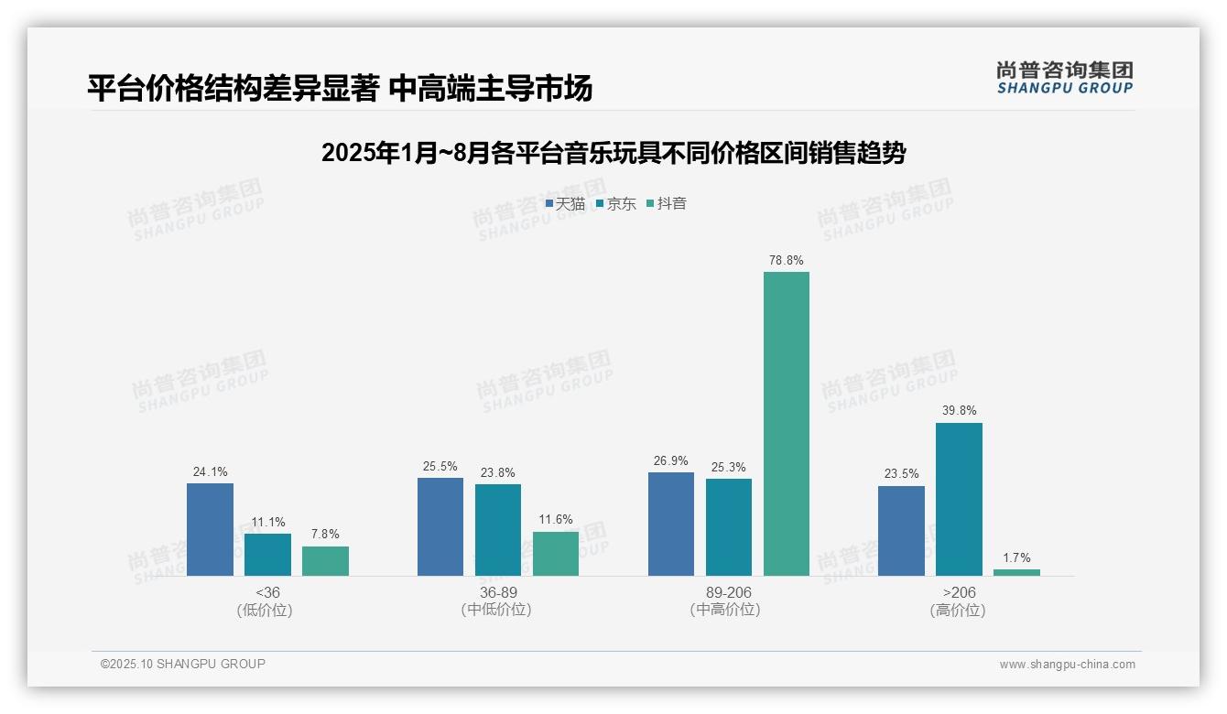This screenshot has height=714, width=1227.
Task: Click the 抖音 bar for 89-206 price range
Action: [x=786, y=423]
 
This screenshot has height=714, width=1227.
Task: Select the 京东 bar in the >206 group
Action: [x=959, y=499]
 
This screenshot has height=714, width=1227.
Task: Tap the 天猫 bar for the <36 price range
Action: [x=210, y=529]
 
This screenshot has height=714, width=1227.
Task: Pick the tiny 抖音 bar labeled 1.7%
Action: [x=1016, y=572]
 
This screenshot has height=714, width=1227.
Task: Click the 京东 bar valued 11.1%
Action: [x=267, y=554]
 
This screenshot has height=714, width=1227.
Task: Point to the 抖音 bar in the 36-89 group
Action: [x=556, y=553]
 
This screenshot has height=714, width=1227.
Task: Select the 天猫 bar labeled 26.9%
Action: [x=671, y=524]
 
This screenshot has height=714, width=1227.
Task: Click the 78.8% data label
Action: [x=786, y=261]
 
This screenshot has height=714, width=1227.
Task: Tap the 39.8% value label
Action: [x=959, y=411]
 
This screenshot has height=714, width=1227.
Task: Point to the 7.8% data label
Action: [x=325, y=535]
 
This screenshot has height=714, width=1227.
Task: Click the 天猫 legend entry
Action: [x=565, y=204]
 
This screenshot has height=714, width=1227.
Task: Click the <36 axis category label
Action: [x=267, y=592]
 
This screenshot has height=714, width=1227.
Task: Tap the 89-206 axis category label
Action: [x=728, y=592]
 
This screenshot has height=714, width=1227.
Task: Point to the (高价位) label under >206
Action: [x=958, y=611]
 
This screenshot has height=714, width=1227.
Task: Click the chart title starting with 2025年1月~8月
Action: [x=613, y=153]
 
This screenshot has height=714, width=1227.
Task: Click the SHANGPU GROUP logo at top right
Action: [x=1064, y=78]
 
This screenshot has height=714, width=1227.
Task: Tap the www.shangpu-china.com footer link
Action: [x=1067, y=665]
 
